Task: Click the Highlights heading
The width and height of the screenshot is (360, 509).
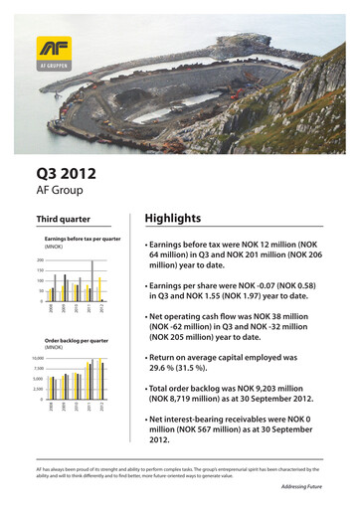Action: coord(172,218)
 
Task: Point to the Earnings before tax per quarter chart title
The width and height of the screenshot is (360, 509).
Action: coord(83,240)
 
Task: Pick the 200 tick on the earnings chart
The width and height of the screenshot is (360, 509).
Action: coord(40,260)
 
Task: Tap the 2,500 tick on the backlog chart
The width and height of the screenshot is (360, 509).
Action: coord(38,390)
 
